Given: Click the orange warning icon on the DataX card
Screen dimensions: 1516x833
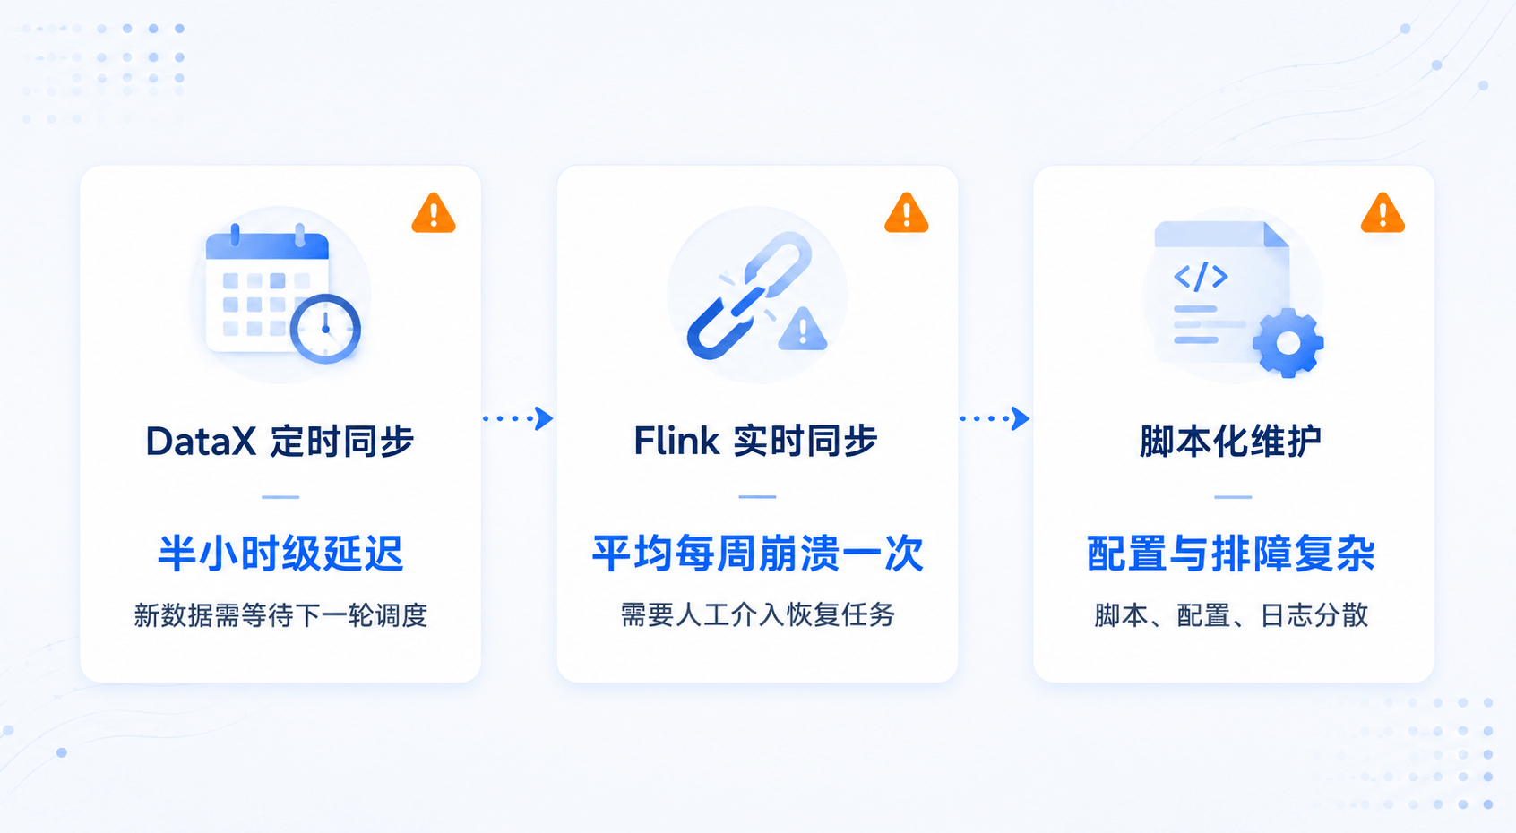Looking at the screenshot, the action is point(434,214).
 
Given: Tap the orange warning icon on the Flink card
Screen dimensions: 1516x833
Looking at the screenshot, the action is point(906,214).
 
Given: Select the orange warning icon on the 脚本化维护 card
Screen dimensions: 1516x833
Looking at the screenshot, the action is point(1382,214).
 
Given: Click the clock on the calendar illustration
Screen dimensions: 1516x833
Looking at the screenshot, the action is point(325,329).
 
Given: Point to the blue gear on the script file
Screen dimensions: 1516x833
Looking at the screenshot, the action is point(1288,342).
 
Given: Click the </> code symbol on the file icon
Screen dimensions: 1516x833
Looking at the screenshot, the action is point(1201,276).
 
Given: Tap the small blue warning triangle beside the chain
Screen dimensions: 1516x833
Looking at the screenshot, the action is point(803,330).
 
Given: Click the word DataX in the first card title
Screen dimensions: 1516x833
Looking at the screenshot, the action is point(201,442).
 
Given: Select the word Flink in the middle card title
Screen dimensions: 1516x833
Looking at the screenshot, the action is point(676,442).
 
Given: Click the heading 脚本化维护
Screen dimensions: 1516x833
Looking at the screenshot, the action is point(1231,442).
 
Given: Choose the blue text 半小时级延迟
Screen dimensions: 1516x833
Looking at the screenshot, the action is point(280,554).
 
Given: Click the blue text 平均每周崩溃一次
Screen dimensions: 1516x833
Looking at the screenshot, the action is point(758,554).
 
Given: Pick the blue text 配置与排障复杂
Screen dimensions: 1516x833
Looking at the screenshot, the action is point(1231,554).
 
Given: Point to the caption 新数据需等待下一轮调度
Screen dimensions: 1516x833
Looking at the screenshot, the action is point(280,615).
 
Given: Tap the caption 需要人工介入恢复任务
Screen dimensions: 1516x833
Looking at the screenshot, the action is point(758,615).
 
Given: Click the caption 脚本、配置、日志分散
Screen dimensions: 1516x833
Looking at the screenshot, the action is point(1231,615).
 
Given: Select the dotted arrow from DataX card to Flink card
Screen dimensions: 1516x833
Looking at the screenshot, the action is point(518,418).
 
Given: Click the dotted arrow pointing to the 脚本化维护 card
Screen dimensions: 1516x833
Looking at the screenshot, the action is point(995,418).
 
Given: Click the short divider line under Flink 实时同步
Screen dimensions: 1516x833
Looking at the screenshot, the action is point(757,497).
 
